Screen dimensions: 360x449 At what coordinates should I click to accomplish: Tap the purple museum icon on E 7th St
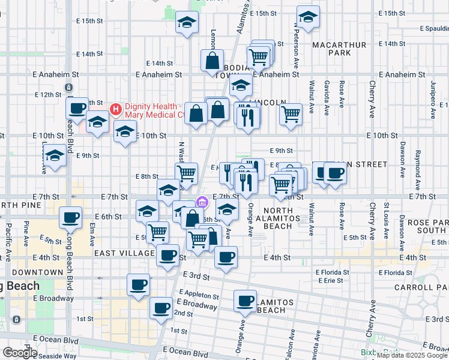coord(202,201)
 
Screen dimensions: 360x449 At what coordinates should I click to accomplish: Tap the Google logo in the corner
coord(20,353)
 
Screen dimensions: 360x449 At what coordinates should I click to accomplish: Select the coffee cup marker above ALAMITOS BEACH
coord(245,301)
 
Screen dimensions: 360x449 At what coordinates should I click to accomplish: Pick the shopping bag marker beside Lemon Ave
coord(212,61)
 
